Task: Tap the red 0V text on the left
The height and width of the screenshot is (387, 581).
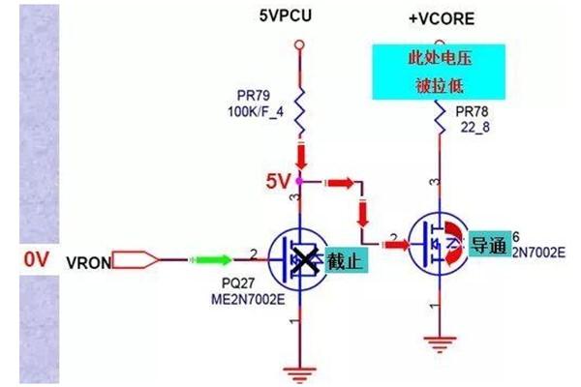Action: (x=37, y=259)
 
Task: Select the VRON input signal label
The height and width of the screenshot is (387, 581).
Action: (x=88, y=261)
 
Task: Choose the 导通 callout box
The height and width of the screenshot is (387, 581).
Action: (x=489, y=245)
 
